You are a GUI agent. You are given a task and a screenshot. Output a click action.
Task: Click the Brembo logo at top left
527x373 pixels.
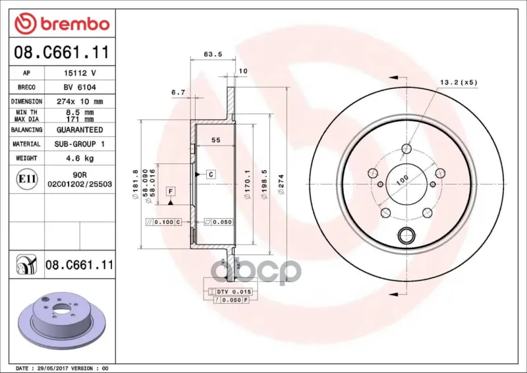62,23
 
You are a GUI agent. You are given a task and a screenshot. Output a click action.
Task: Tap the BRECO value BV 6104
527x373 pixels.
80,87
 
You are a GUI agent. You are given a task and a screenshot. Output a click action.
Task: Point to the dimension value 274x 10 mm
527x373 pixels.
80,101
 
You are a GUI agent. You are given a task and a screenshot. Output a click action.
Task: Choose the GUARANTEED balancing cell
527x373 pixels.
80,129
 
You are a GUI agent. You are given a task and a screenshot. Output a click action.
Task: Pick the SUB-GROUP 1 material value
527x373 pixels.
80,144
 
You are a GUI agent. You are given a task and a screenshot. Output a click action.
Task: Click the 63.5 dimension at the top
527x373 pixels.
213,54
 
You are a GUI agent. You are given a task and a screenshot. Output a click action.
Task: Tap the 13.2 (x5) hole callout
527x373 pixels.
458,82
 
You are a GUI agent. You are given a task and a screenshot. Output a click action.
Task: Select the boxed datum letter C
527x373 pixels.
211,174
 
